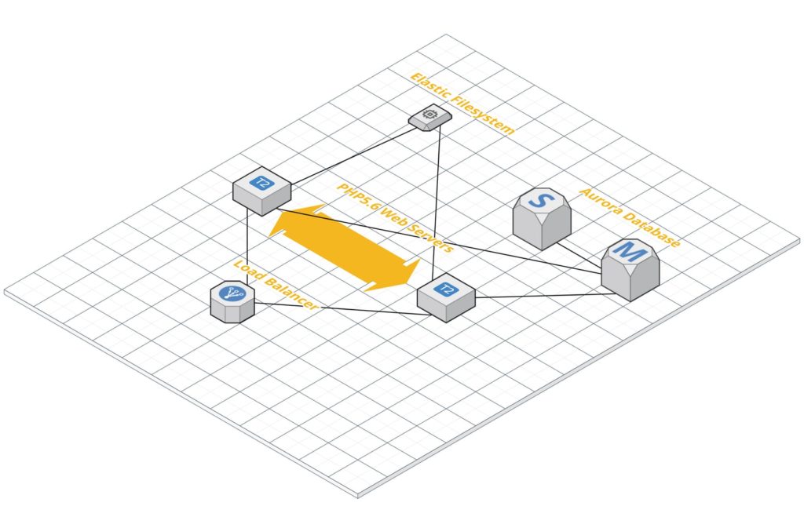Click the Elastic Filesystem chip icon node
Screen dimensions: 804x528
(x=430, y=117)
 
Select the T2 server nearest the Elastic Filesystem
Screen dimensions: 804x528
(x=262, y=191)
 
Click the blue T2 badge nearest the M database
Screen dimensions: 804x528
(x=446, y=289)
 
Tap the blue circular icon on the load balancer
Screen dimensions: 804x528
(x=232, y=294)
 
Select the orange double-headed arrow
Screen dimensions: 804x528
(x=345, y=248)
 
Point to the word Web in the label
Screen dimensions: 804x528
(x=393, y=217)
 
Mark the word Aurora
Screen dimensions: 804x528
(x=599, y=202)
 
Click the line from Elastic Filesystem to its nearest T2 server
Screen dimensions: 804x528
(x=355, y=156)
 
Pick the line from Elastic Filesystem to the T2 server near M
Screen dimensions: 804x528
(x=437, y=202)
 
